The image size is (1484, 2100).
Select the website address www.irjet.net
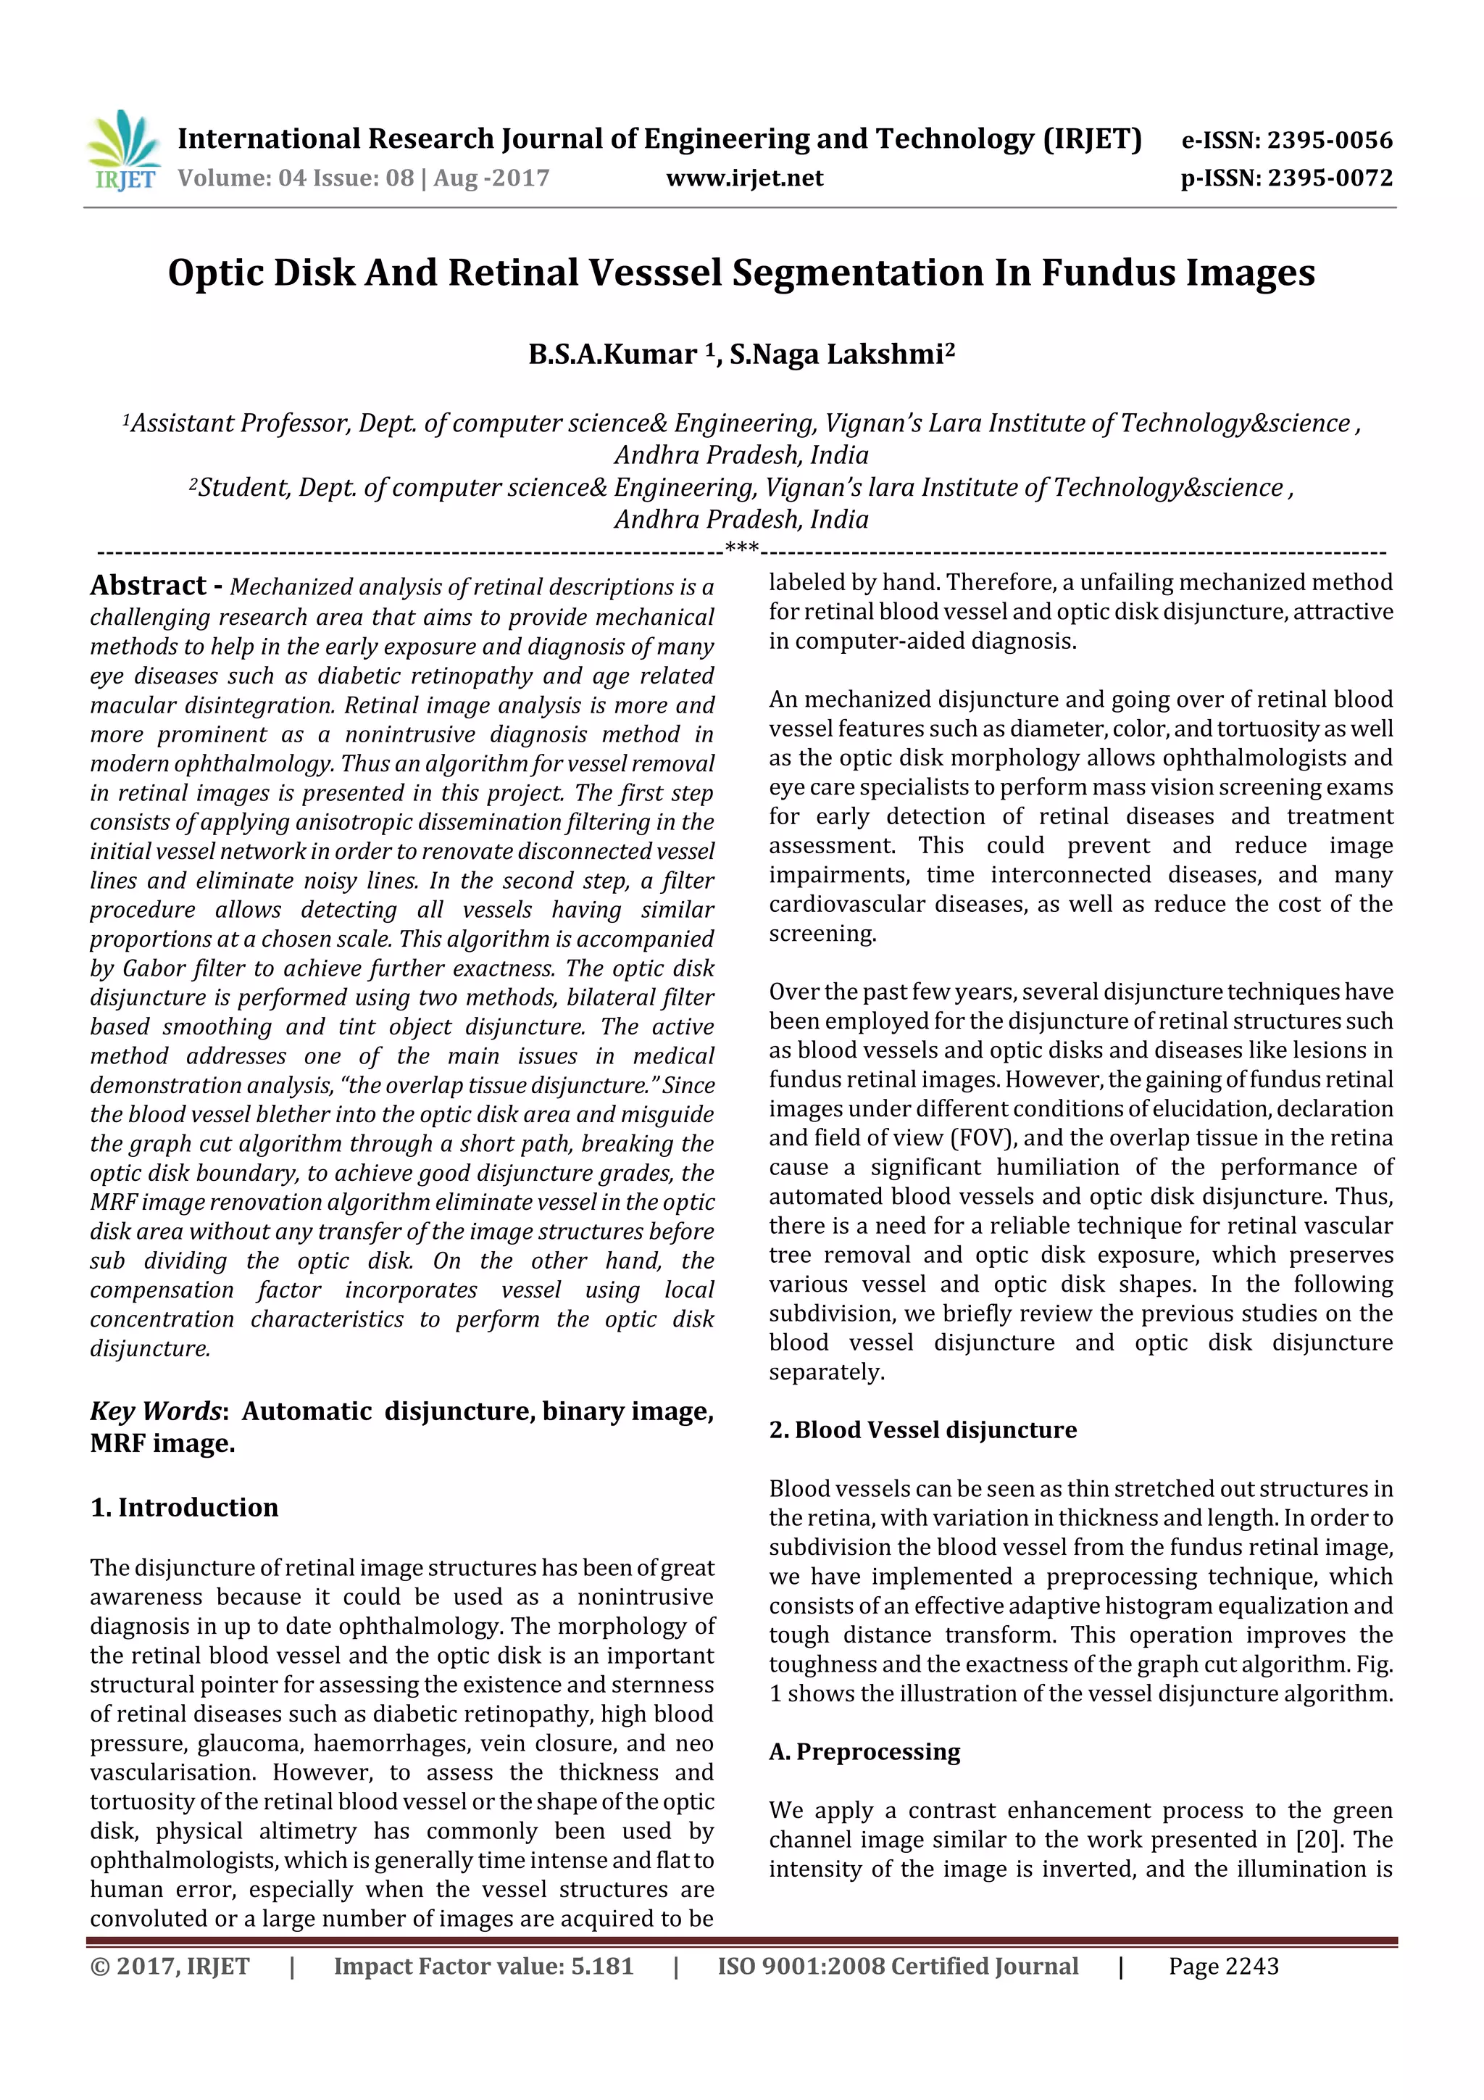point(744,178)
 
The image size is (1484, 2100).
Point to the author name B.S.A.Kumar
point(612,354)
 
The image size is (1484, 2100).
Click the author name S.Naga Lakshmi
point(837,354)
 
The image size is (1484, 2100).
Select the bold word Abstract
point(148,586)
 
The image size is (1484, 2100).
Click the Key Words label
point(156,1411)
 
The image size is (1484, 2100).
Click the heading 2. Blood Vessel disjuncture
point(922,1429)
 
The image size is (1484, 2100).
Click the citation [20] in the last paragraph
point(1317,1838)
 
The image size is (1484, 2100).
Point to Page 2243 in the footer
point(1223,1967)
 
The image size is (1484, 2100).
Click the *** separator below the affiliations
point(741,549)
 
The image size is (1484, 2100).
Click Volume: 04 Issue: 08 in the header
point(296,178)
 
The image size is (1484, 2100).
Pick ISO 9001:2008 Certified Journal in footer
point(897,1967)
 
